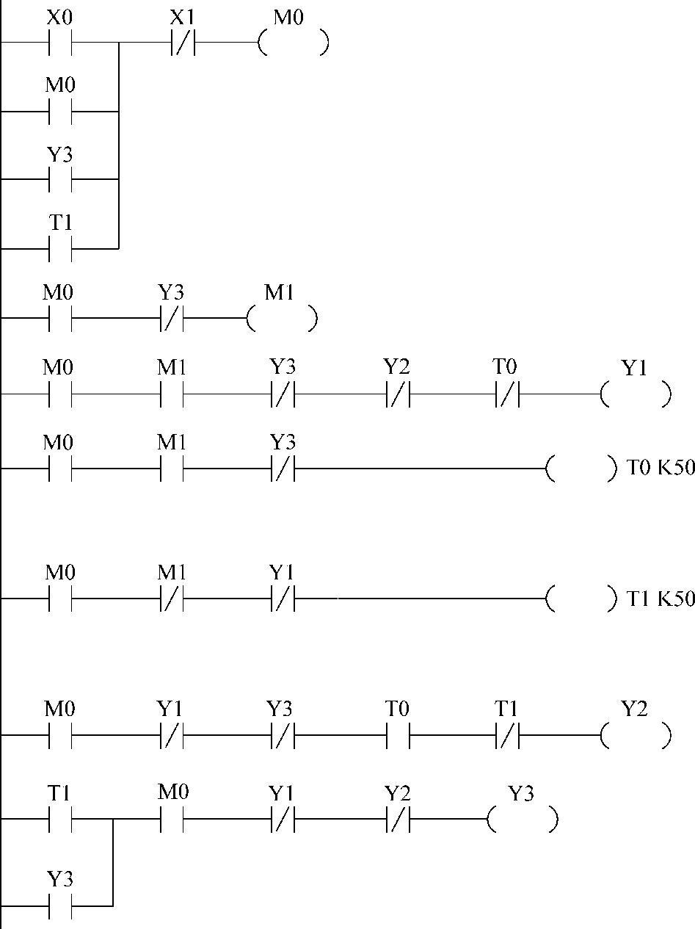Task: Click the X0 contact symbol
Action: (60, 43)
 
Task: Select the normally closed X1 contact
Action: (183, 43)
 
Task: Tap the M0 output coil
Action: (293, 43)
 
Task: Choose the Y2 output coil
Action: (636, 735)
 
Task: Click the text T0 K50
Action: (661, 467)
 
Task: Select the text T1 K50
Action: (661, 599)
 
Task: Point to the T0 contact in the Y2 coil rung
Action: (397, 735)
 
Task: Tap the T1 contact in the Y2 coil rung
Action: (507, 735)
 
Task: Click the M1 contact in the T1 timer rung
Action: (171, 600)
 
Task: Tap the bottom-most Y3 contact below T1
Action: (60, 905)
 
